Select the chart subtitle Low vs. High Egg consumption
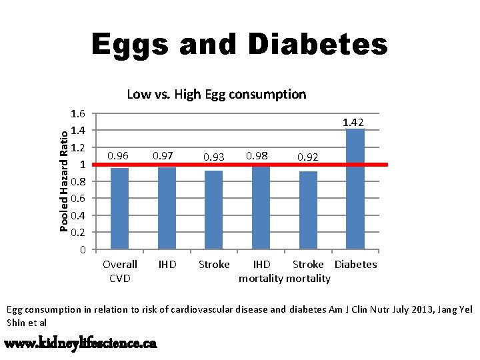[216, 94]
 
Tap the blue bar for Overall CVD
[119, 208]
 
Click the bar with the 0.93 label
[214, 209]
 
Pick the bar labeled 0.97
[167, 208]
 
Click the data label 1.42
[353, 122]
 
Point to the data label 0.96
[118, 156]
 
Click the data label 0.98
[257, 155]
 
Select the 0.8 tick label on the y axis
[78, 181]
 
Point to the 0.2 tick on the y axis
[78, 233]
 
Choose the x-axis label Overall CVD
[120, 271]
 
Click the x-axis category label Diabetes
[355, 265]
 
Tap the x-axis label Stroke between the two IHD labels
[214, 265]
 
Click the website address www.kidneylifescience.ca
[81, 343]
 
